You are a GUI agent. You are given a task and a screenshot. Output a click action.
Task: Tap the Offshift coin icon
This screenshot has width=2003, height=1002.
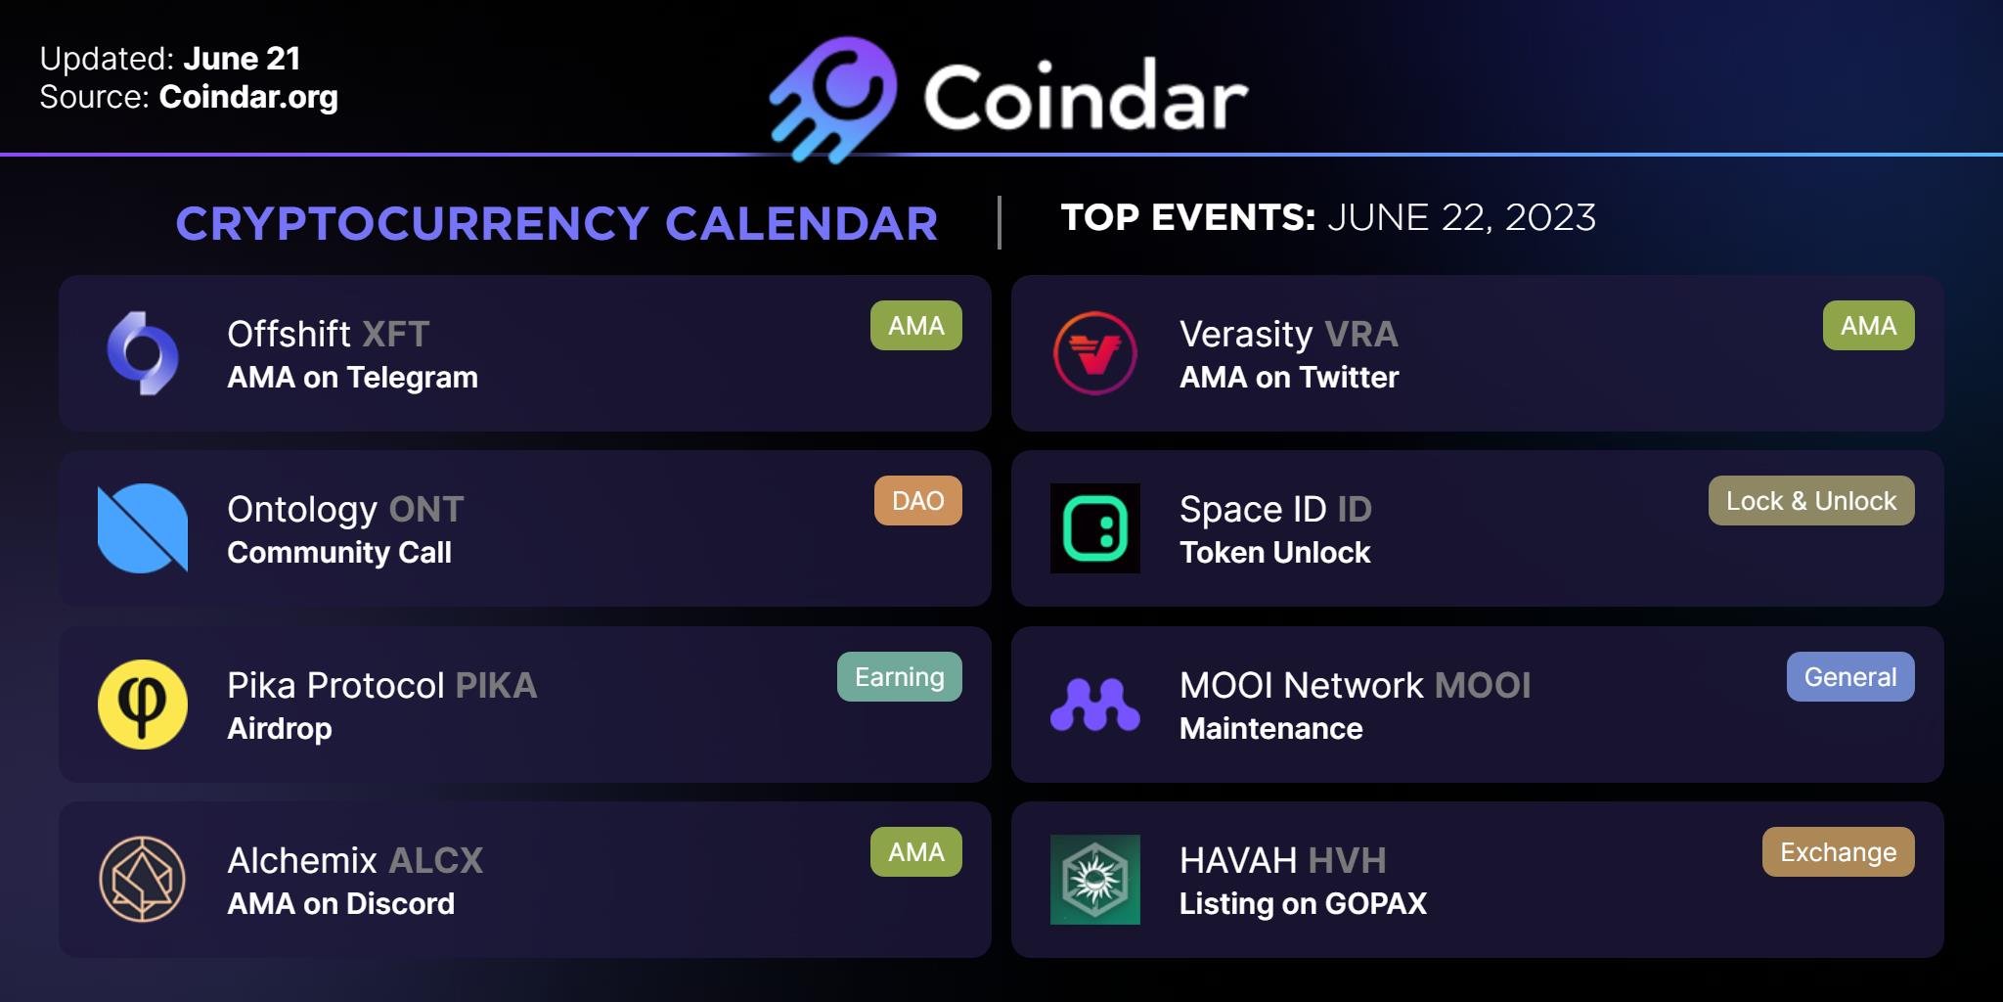click(x=143, y=353)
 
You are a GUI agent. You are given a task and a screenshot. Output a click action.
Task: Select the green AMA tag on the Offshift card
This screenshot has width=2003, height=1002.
click(x=916, y=326)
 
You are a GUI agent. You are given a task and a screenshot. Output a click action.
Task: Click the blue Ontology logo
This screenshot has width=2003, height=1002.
click(x=143, y=528)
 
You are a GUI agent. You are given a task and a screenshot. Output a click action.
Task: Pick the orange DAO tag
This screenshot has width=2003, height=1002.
click(x=918, y=501)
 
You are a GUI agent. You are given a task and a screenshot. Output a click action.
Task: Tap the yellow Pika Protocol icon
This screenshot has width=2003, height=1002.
click(x=143, y=705)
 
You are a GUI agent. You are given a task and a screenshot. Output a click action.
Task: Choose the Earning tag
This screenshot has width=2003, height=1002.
click(x=900, y=677)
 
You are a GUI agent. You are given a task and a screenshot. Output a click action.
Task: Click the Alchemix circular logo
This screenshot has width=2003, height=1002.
click(x=143, y=880)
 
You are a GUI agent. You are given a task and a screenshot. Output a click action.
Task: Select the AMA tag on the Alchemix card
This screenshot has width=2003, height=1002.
click(x=916, y=852)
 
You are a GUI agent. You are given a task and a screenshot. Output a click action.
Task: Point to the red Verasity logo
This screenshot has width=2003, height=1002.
click(x=1095, y=353)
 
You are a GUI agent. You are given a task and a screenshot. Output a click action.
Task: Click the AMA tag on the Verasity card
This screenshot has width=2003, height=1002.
click(x=1869, y=326)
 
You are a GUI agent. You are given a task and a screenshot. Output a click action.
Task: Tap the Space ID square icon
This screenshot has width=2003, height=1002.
click(x=1095, y=528)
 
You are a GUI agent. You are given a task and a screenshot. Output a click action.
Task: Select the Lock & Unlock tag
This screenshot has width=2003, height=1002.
click(x=1811, y=501)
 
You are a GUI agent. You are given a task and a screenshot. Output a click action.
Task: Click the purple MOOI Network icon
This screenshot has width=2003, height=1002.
click(x=1095, y=705)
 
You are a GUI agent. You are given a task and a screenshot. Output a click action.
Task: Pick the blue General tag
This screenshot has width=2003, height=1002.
click(x=1850, y=677)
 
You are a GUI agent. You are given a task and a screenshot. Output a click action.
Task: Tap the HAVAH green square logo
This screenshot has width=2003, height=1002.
click(x=1095, y=880)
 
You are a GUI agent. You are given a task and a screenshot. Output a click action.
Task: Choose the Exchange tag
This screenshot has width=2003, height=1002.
click(x=1839, y=852)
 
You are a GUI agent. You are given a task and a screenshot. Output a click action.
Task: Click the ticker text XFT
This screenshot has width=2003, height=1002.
click(x=396, y=335)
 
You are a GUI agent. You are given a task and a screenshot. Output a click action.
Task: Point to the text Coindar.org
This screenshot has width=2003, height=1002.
click(x=248, y=98)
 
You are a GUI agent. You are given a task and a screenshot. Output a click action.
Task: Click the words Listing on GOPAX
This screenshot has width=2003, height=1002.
click(x=1303, y=903)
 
